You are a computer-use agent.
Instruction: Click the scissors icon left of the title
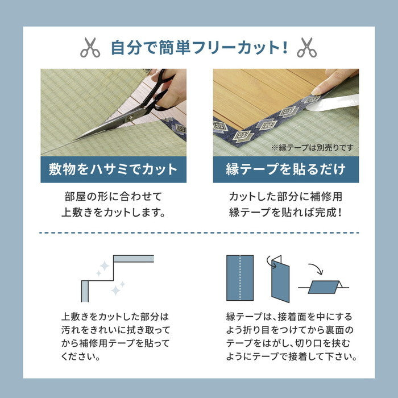[x=90, y=48]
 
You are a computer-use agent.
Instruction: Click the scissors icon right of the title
[x=306, y=48]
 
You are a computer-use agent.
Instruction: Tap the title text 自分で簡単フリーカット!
[x=198, y=47]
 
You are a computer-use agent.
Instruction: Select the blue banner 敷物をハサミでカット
[x=113, y=169]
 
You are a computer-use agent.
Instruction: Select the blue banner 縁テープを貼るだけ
[x=285, y=169]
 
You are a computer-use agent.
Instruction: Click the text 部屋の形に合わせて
[x=113, y=197]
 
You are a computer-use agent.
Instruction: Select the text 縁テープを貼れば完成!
[x=285, y=214]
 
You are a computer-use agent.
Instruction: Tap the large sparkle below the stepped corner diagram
[x=116, y=290]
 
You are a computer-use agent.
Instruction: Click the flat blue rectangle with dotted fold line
[x=239, y=276]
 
